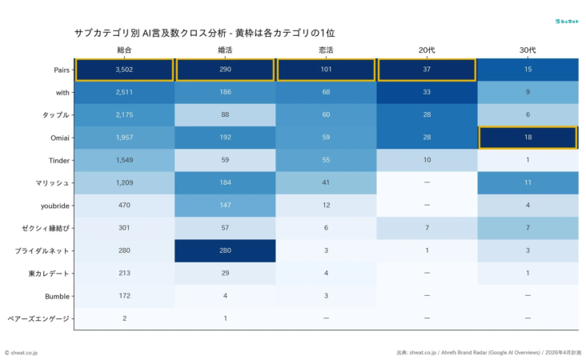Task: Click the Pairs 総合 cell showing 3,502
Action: click(x=124, y=70)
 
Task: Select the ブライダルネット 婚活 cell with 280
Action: click(x=225, y=250)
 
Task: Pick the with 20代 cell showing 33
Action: click(x=426, y=92)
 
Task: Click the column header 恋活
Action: click(x=326, y=50)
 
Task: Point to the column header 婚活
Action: click(x=225, y=50)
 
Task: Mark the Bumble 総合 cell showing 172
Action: click(x=124, y=296)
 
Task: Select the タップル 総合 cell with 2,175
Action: click(x=124, y=115)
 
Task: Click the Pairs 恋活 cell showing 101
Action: click(x=326, y=70)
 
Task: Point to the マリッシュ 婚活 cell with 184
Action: click(x=225, y=182)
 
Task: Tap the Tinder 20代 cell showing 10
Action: click(x=426, y=160)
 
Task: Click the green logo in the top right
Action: click(x=566, y=20)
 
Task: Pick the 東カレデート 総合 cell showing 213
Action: click(x=124, y=274)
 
